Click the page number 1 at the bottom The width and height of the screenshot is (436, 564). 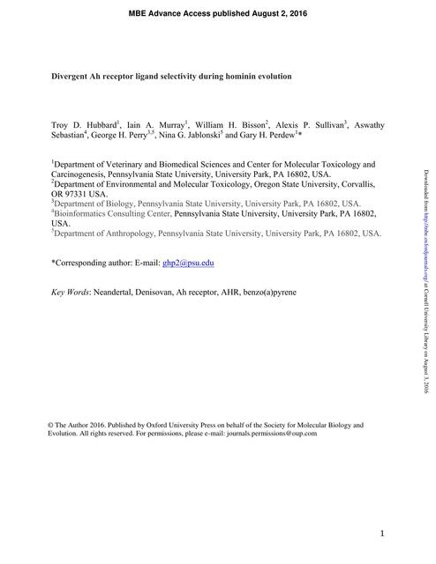[x=382, y=534]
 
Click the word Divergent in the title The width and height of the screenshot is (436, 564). [x=70, y=77]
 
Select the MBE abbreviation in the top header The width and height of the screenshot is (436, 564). [x=141, y=14]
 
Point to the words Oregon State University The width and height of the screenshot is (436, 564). [x=281, y=184]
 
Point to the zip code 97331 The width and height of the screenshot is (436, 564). [x=77, y=194]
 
